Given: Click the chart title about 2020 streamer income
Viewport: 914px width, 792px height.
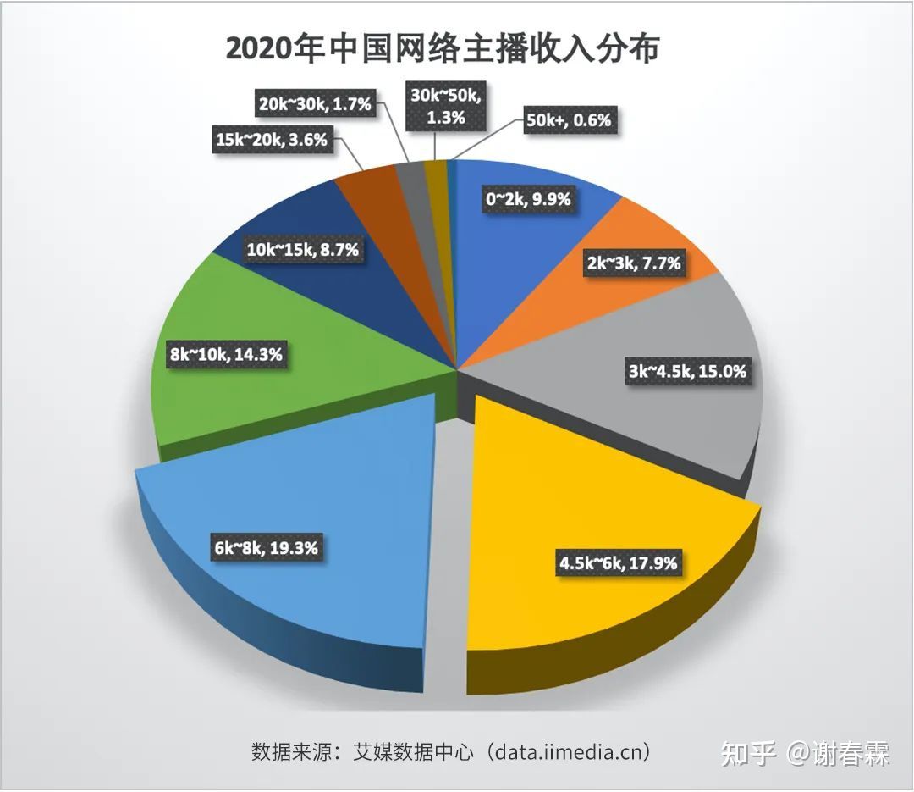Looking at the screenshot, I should [x=442, y=49].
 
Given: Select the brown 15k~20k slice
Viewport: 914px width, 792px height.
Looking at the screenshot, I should [x=369, y=186].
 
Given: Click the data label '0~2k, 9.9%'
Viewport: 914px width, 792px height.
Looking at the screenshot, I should [x=527, y=200].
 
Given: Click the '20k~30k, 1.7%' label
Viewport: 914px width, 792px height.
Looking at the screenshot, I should [x=315, y=105].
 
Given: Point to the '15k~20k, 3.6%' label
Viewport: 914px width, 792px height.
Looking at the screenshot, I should [x=272, y=140].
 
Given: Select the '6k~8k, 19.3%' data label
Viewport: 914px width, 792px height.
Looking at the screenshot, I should [x=266, y=548].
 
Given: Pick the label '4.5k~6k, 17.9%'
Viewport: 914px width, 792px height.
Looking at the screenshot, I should [x=618, y=562].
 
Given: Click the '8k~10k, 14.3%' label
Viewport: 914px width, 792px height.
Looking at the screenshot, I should [x=225, y=355].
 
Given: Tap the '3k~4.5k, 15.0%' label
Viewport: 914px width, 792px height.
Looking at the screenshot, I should [x=689, y=372].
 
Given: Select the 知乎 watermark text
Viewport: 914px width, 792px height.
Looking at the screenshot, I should [x=748, y=752].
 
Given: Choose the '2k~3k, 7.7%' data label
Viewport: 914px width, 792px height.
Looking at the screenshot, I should [x=633, y=263].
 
